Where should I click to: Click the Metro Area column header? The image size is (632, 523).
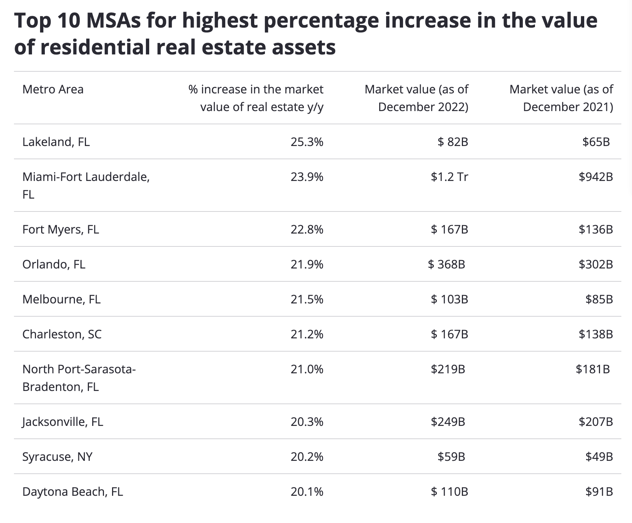click(x=53, y=89)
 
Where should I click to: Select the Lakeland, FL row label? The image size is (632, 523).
click(x=56, y=142)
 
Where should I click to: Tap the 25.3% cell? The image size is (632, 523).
click(x=307, y=142)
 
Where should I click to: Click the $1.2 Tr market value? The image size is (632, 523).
click(x=449, y=177)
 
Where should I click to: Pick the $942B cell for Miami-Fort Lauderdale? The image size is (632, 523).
click(x=596, y=177)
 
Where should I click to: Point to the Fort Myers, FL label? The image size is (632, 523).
click(x=61, y=230)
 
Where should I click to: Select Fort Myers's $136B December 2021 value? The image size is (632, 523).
click(x=596, y=230)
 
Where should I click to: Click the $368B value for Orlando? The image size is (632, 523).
click(x=446, y=264)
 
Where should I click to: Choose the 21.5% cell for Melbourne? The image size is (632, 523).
click(x=307, y=299)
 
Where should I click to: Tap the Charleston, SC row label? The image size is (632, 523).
click(x=62, y=334)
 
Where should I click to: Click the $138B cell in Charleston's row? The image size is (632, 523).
click(x=596, y=334)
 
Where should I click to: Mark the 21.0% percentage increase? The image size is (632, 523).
click(x=307, y=369)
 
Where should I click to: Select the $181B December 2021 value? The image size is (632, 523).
click(x=593, y=369)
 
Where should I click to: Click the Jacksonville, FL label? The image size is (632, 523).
click(x=62, y=421)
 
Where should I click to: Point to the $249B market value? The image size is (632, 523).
click(x=448, y=421)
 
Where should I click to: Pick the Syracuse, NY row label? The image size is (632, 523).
click(x=57, y=457)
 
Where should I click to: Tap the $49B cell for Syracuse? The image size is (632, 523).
click(x=599, y=457)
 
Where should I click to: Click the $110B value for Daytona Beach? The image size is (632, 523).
click(x=449, y=492)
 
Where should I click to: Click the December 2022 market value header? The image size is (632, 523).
click(x=416, y=98)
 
